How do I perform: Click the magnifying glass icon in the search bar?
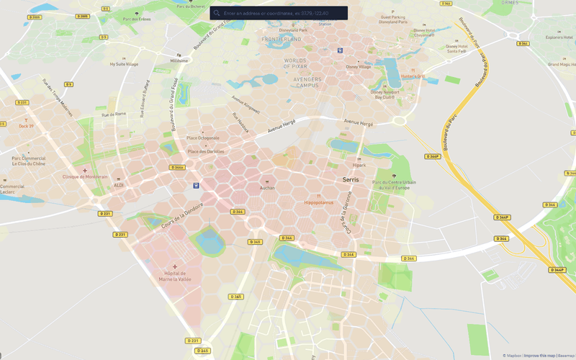pyautogui.click(x=217, y=13)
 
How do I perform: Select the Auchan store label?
pyautogui.click(x=267, y=188)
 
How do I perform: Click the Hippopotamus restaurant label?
pyautogui.click(x=319, y=202)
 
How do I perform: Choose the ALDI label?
pyautogui.click(x=119, y=185)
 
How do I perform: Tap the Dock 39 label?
pyautogui.click(x=27, y=126)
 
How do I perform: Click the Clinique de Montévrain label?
pyautogui.click(x=85, y=176)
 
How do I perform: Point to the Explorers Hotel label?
pyautogui.click(x=559, y=37)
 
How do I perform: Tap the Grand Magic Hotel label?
pyautogui.click(x=559, y=65)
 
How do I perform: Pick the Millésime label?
pyautogui.click(x=179, y=61)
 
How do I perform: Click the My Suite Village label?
pyautogui.click(x=123, y=63)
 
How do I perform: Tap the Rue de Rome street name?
pyautogui.click(x=114, y=114)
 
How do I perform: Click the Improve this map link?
pyautogui.click(x=539, y=356)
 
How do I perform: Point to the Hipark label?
pyautogui.click(x=359, y=165)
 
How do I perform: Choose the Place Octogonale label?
pyautogui.click(x=203, y=138)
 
